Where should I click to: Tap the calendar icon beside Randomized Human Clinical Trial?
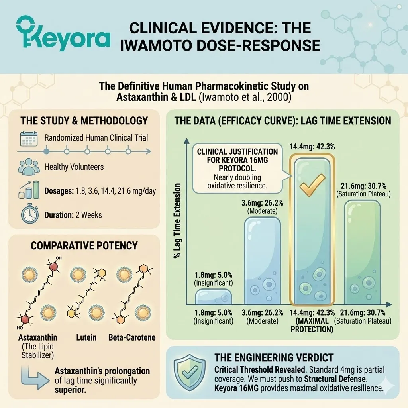(28, 138)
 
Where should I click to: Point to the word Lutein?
(86, 337)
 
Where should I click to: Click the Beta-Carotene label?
(132, 337)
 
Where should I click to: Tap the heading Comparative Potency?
(84, 245)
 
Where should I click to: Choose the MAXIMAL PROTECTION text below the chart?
(312, 325)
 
